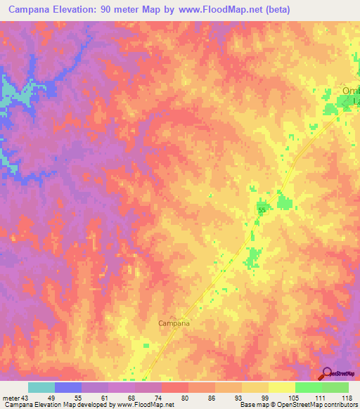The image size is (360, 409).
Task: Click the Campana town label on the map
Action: tap(172, 325)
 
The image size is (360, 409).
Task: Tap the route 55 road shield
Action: tap(262, 210)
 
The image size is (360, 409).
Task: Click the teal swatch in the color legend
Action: tap(41, 387)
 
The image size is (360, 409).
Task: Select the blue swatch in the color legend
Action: tap(68, 387)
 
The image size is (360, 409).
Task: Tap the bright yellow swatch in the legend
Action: tap(282, 387)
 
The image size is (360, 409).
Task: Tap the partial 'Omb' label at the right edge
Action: tap(349, 91)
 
